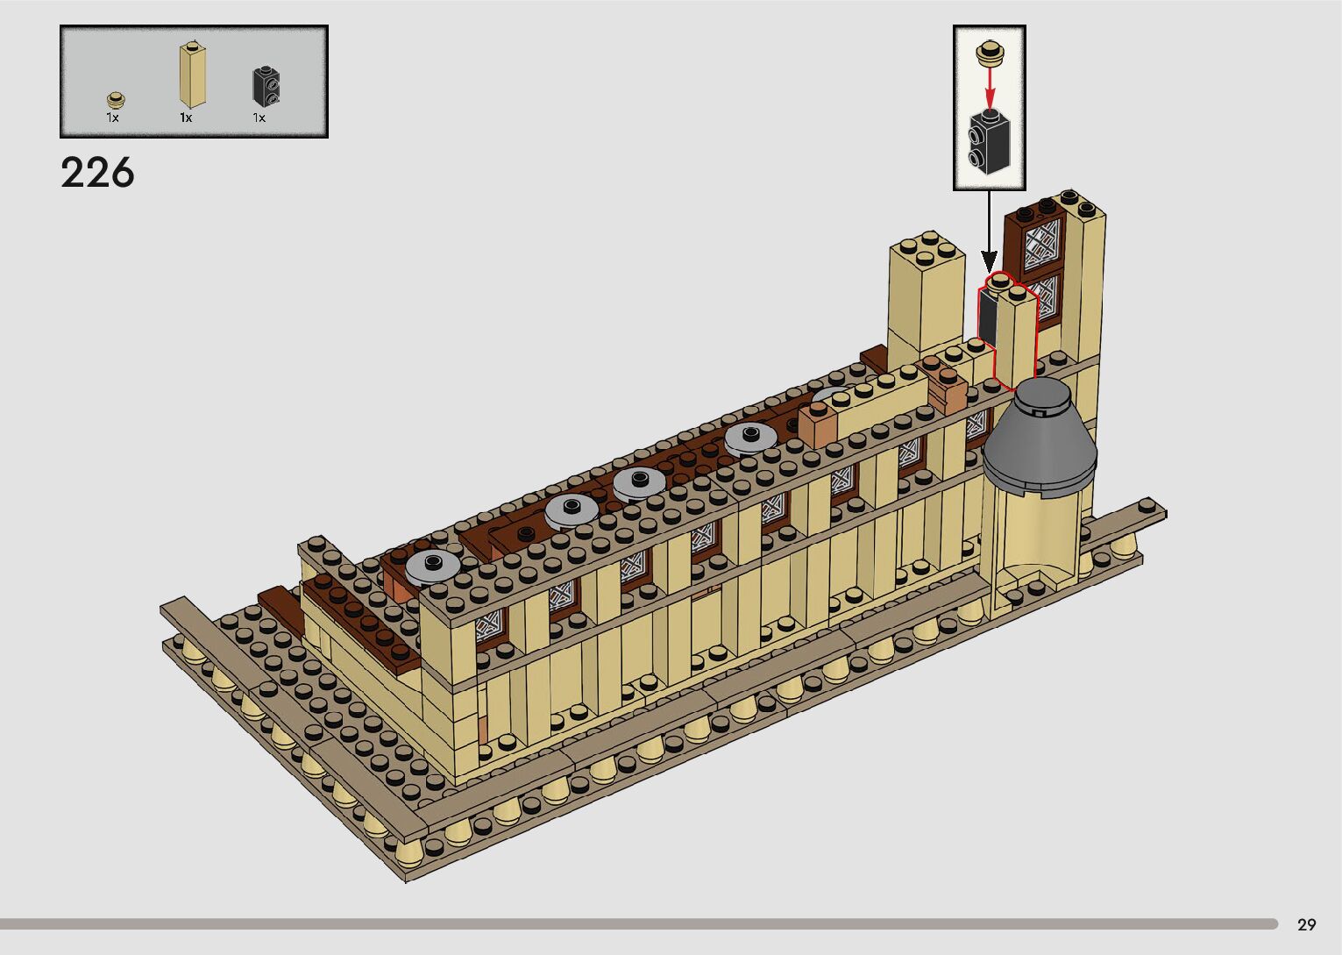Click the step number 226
(x=97, y=173)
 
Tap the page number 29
(x=1307, y=924)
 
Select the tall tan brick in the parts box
(x=193, y=75)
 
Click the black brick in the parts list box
(x=266, y=87)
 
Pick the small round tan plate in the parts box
(x=116, y=99)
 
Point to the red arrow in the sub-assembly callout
(x=990, y=87)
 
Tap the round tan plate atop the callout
(x=990, y=52)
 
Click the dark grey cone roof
(x=1040, y=441)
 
